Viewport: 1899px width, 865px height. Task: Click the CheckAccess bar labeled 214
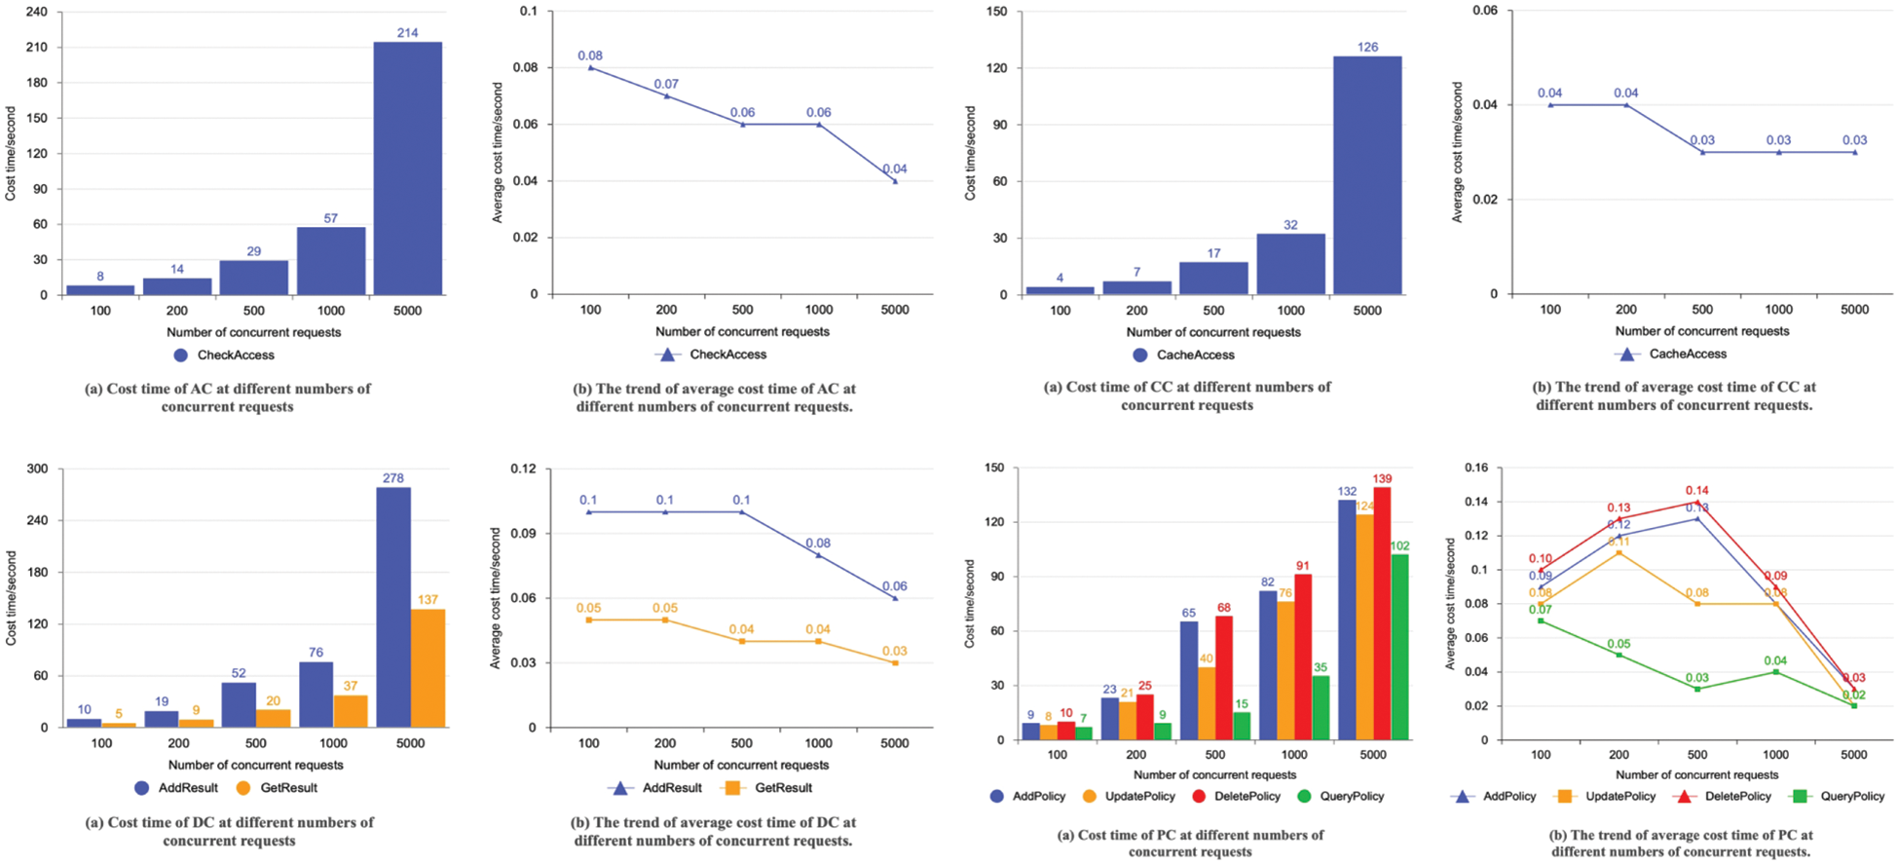pos(407,168)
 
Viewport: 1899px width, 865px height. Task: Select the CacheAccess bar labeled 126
pos(1367,175)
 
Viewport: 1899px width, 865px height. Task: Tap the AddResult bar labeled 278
pos(393,607)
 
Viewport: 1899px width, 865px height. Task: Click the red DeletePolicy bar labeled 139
pos(1381,613)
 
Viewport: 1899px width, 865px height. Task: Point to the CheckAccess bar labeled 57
pos(331,260)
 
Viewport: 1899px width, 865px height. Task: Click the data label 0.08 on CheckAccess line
pos(590,56)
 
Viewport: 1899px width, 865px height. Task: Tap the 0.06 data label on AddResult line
pos(894,586)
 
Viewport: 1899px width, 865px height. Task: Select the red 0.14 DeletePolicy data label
pos(1697,491)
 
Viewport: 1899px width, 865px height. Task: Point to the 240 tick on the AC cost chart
pos(35,12)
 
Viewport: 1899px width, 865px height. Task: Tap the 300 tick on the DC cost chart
pos(37,469)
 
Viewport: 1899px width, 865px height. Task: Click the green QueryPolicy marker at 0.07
pos(1541,621)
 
